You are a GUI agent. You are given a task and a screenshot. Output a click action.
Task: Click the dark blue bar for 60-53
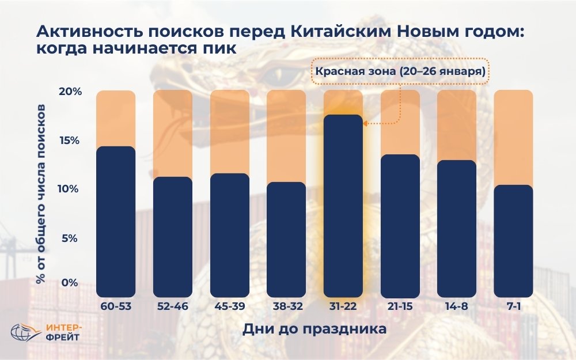pos(116,222)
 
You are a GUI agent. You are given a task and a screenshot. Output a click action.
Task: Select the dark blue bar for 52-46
pos(173,237)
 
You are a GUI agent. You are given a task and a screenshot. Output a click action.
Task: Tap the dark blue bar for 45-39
pos(229,235)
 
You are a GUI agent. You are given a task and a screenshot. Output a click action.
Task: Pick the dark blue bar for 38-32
pos(286,240)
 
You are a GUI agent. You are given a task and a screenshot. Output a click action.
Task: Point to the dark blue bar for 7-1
pos(513,241)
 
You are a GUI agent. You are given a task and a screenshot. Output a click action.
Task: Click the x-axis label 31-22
pos(343,306)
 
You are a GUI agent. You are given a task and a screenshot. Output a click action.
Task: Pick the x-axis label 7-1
pos(513,306)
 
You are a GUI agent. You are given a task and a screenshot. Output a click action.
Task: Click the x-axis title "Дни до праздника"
pos(314,330)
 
